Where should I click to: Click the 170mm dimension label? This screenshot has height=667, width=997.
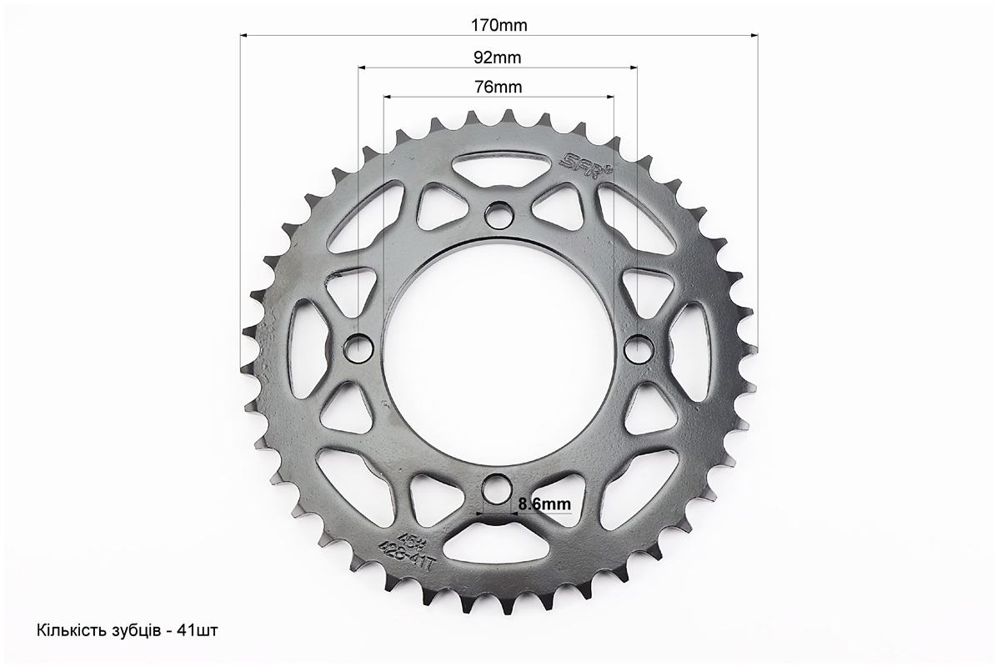point(499,25)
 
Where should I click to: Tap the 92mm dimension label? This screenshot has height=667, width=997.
point(497,58)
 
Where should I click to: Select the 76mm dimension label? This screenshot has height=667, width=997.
point(498,87)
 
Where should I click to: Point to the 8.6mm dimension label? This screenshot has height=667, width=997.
point(544,504)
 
